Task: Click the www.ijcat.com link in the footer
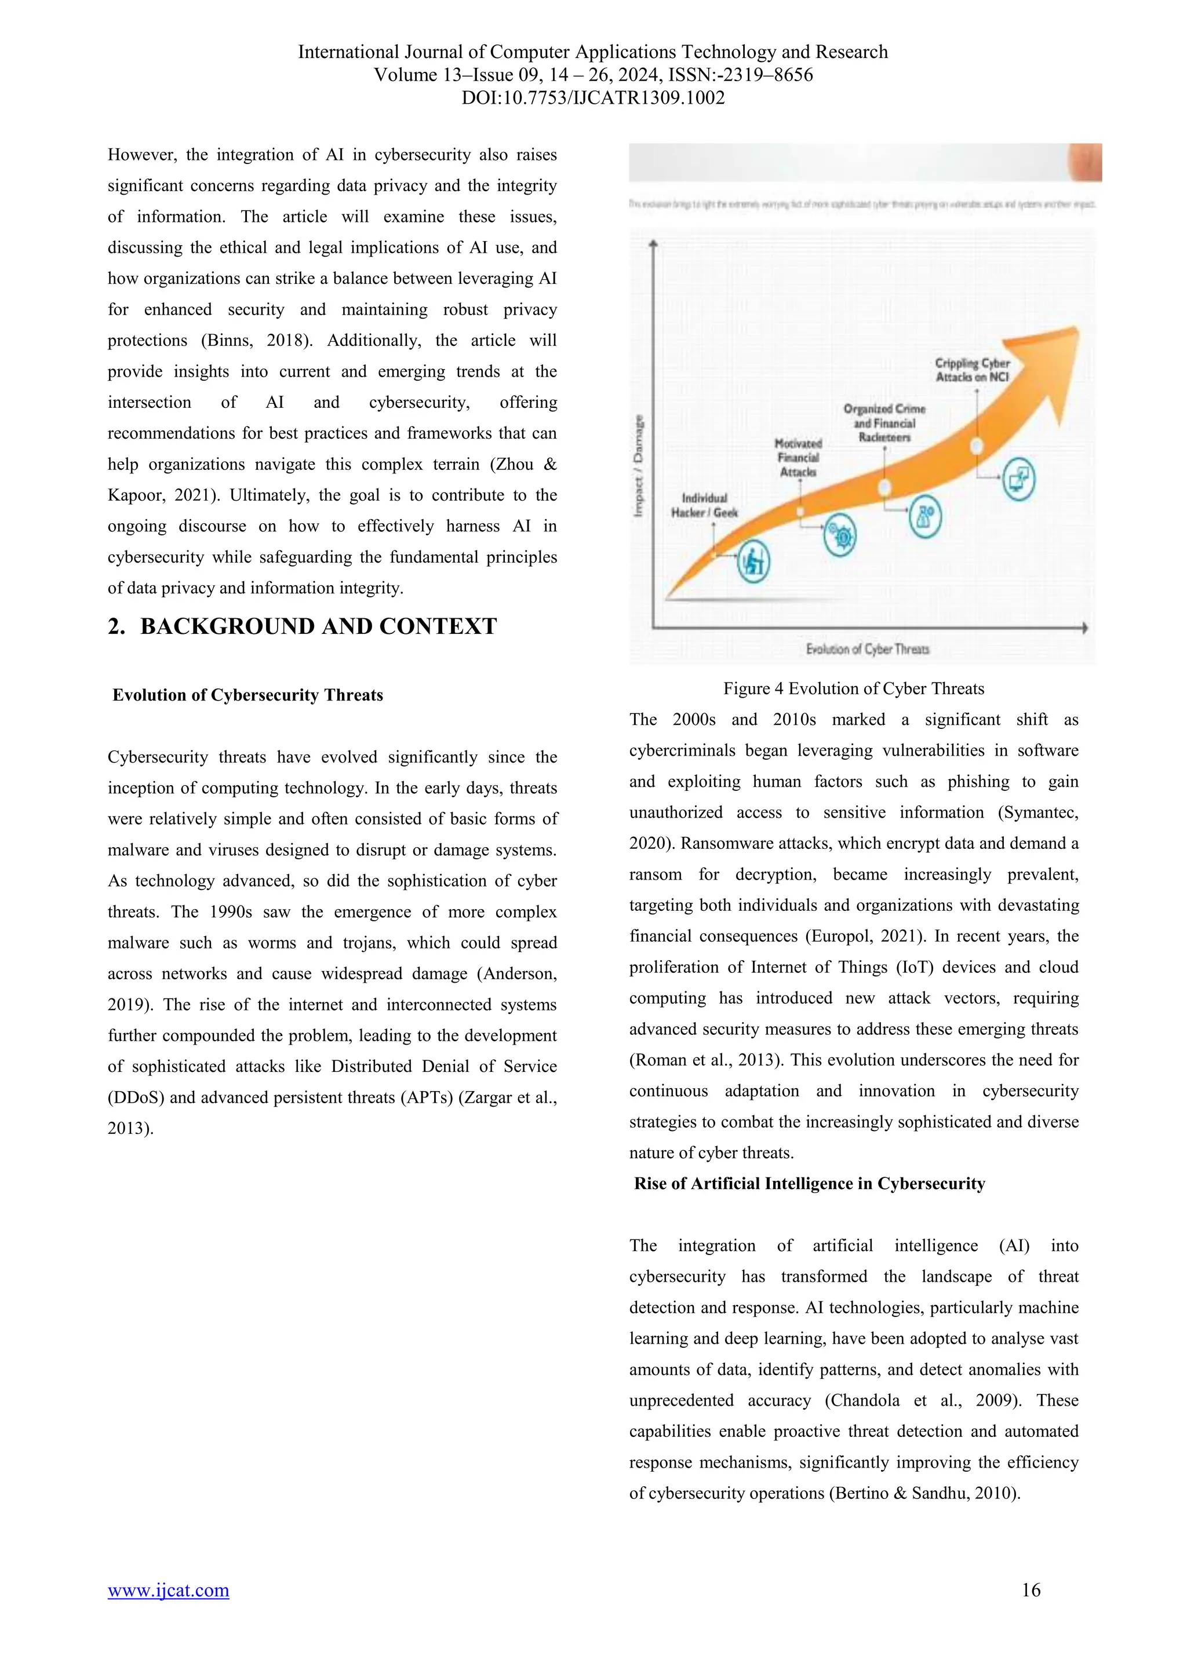pos(168,1591)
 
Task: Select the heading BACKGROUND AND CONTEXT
pos(318,626)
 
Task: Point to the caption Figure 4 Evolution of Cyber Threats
pos(853,688)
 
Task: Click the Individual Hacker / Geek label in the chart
pos(704,505)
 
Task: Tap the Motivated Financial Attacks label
pos(798,458)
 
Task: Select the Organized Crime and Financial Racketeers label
pos(884,423)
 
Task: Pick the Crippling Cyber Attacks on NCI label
pos(972,370)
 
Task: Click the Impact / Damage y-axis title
pos(639,466)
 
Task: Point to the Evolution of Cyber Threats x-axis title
pos(867,649)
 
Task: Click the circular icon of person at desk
pos(753,562)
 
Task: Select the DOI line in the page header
pos(593,98)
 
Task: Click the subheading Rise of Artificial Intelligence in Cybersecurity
pos(809,1183)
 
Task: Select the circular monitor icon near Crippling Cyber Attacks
pos(1018,479)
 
